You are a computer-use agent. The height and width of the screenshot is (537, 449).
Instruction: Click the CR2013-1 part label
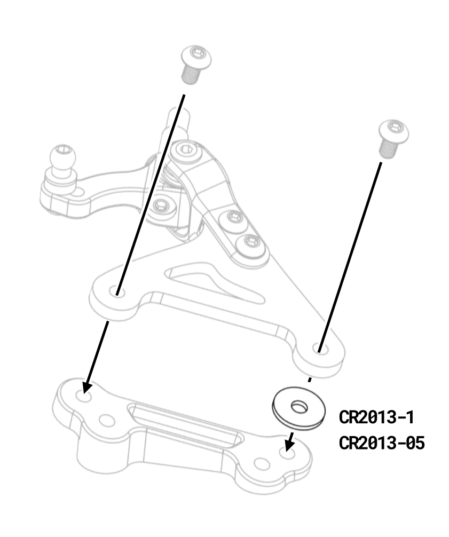(376, 417)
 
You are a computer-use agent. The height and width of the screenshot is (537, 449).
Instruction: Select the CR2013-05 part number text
(382, 443)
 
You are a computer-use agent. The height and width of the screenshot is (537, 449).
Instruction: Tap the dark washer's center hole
(299, 407)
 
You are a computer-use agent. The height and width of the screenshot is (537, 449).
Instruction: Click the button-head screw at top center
(195, 65)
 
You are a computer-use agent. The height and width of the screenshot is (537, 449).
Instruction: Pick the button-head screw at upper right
(394, 139)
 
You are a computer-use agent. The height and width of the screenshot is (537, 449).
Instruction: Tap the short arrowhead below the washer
(289, 444)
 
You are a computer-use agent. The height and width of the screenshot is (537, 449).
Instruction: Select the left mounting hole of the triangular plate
(117, 292)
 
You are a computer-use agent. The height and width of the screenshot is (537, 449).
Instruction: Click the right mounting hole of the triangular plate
(320, 349)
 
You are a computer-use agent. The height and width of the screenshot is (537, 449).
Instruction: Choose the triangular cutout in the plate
(214, 282)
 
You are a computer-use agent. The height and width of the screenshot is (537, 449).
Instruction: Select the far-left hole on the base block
(83, 396)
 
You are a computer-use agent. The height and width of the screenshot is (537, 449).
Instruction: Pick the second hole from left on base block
(107, 421)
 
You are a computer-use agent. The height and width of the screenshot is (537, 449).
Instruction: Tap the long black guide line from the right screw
(350, 257)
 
